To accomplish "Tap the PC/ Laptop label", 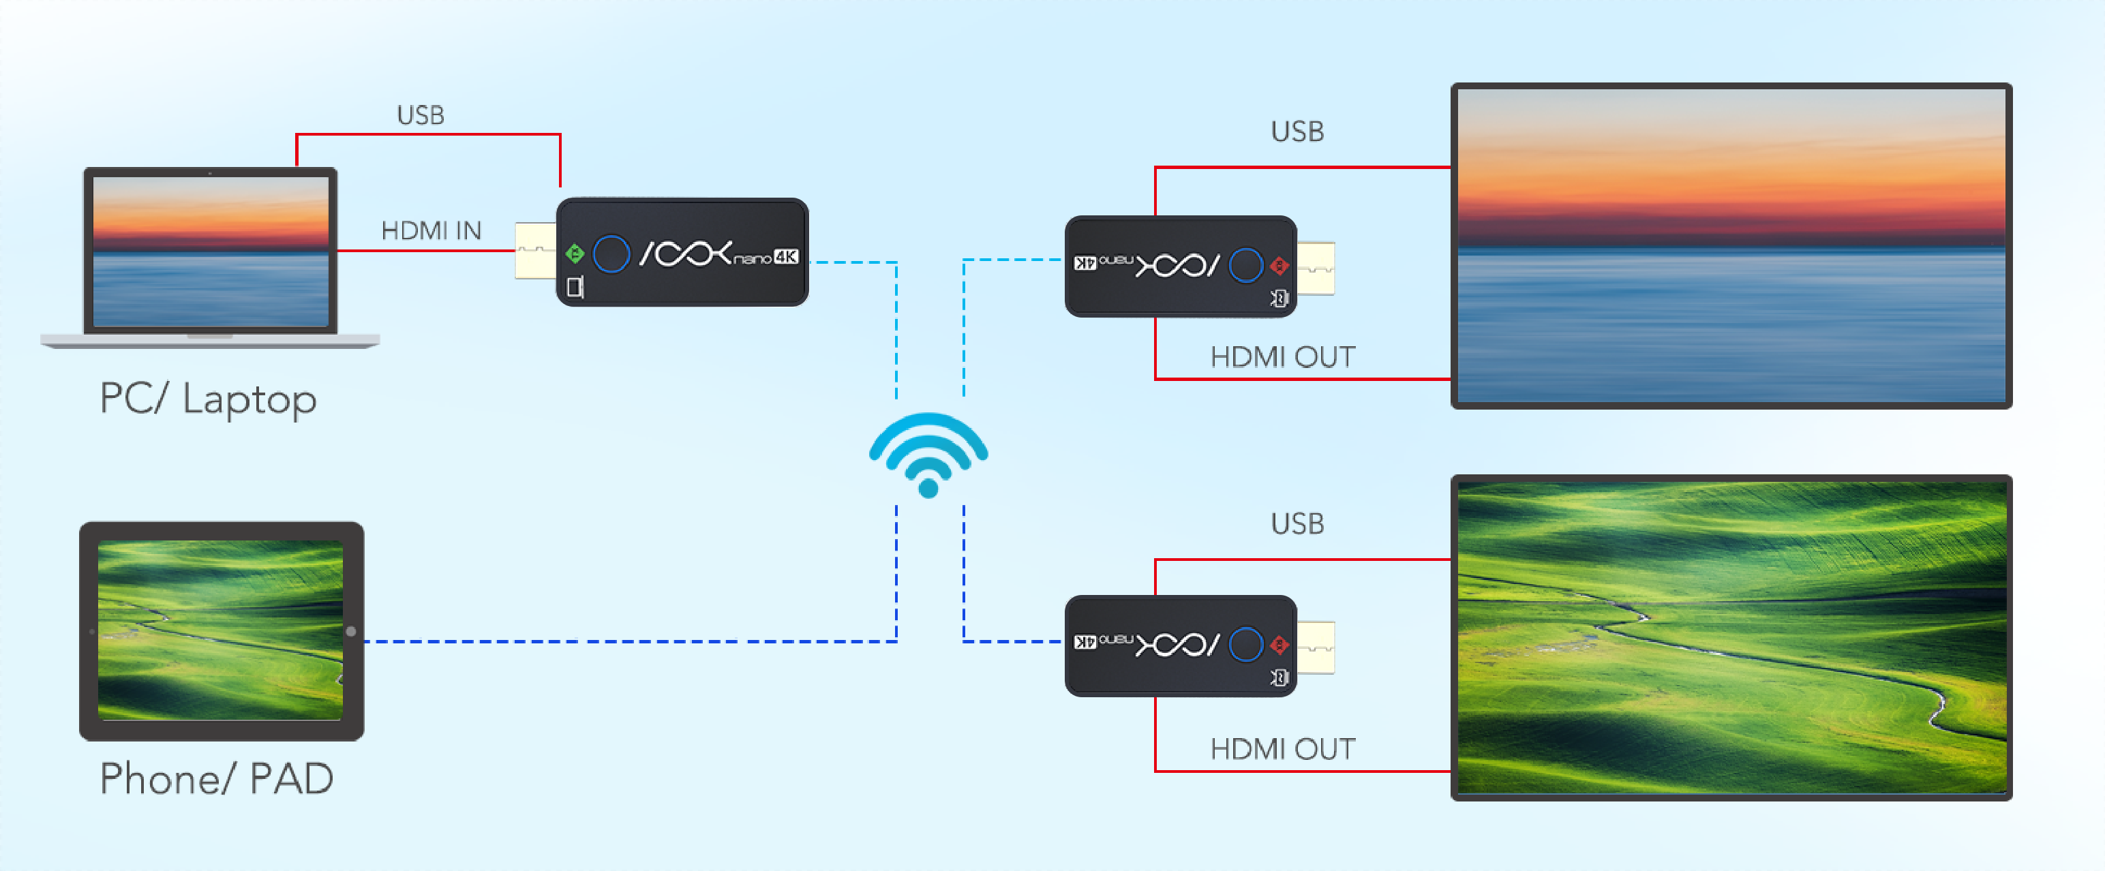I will pyautogui.click(x=209, y=399).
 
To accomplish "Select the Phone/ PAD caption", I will pyautogui.click(x=217, y=778).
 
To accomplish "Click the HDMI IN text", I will pyautogui.click(x=431, y=230).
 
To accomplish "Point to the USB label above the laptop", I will pyautogui.click(x=420, y=115).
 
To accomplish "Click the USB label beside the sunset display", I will pyautogui.click(x=1297, y=132).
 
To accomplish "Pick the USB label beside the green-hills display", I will pyautogui.click(x=1297, y=523).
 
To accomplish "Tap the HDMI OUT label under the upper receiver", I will pyautogui.click(x=1282, y=357).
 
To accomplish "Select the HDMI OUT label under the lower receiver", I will pyautogui.click(x=1282, y=749).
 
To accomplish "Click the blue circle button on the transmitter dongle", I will pyautogui.click(x=611, y=254).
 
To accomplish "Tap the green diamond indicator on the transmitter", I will pyautogui.click(x=575, y=254).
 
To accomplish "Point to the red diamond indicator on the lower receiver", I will pyautogui.click(x=1279, y=645).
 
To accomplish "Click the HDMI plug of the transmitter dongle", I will pyautogui.click(x=535, y=250).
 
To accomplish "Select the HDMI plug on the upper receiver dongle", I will pyautogui.click(x=1316, y=267).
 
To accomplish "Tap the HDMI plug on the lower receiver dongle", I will pyautogui.click(x=1316, y=647).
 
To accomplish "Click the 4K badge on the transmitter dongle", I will pyautogui.click(x=785, y=256).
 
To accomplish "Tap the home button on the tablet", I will pyautogui.click(x=350, y=632).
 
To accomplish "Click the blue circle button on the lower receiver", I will pyautogui.click(x=1245, y=645).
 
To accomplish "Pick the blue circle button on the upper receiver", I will pyautogui.click(x=1245, y=264).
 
